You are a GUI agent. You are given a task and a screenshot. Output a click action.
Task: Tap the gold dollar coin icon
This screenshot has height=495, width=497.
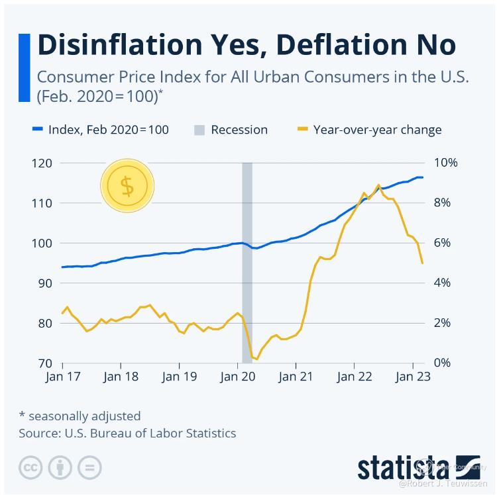point(127,186)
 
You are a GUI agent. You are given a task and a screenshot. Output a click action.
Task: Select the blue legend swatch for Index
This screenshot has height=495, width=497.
point(38,130)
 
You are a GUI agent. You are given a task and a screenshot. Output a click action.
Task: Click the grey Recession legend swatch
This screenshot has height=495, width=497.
point(199,130)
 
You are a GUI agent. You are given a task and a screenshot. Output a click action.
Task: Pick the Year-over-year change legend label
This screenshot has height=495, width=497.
point(377,130)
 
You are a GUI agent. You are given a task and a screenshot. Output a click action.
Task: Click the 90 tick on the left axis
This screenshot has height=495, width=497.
point(45,283)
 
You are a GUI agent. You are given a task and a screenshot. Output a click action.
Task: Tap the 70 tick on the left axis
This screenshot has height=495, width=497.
point(45,363)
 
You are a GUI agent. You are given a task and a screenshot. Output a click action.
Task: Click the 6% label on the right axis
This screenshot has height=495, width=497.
point(444,243)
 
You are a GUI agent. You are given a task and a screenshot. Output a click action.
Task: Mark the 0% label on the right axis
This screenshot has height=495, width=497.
point(444,363)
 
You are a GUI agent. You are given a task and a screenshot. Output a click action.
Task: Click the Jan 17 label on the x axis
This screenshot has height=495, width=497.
point(62,377)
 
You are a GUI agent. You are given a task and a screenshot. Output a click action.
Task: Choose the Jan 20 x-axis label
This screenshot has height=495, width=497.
point(237,377)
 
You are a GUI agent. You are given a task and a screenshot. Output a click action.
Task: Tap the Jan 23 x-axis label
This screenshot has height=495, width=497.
point(412,377)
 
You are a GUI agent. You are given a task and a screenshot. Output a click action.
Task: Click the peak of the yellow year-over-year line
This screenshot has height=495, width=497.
point(378,185)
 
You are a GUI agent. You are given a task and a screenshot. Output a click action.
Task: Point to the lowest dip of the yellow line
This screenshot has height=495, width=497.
point(256,359)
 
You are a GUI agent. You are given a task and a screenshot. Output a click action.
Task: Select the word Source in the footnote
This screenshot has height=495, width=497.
point(37,434)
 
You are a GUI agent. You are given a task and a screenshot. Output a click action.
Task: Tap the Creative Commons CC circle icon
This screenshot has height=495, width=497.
point(30,467)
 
